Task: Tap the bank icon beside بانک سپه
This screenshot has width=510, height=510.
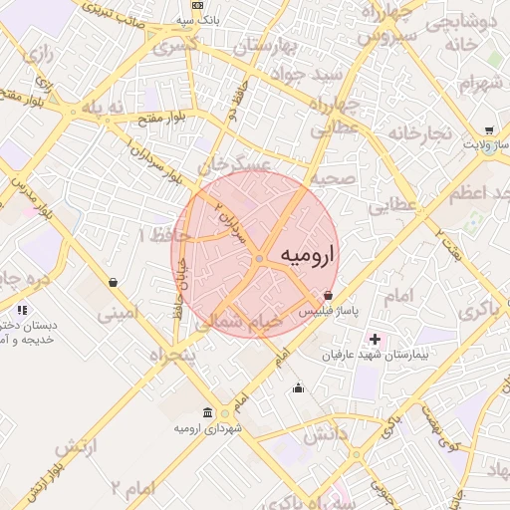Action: (x=197, y=6)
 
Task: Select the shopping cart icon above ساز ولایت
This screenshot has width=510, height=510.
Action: (x=489, y=129)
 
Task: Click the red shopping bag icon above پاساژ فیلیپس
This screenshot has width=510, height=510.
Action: (x=329, y=295)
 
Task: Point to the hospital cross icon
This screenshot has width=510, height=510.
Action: (x=375, y=341)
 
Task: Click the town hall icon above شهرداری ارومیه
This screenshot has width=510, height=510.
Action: (x=207, y=413)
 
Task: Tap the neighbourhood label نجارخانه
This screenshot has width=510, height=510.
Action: (x=421, y=133)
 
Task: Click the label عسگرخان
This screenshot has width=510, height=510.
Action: (x=235, y=162)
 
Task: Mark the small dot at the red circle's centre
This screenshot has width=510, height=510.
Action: (x=259, y=259)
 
